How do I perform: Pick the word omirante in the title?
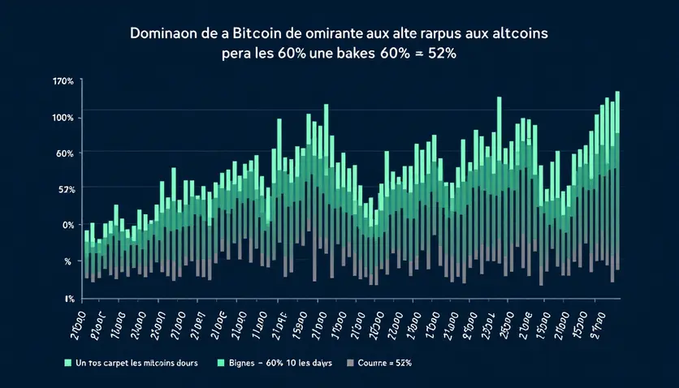(337, 37)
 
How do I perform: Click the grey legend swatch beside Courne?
(351, 362)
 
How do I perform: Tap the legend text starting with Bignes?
(279, 362)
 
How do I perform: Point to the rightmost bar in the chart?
(618, 179)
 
